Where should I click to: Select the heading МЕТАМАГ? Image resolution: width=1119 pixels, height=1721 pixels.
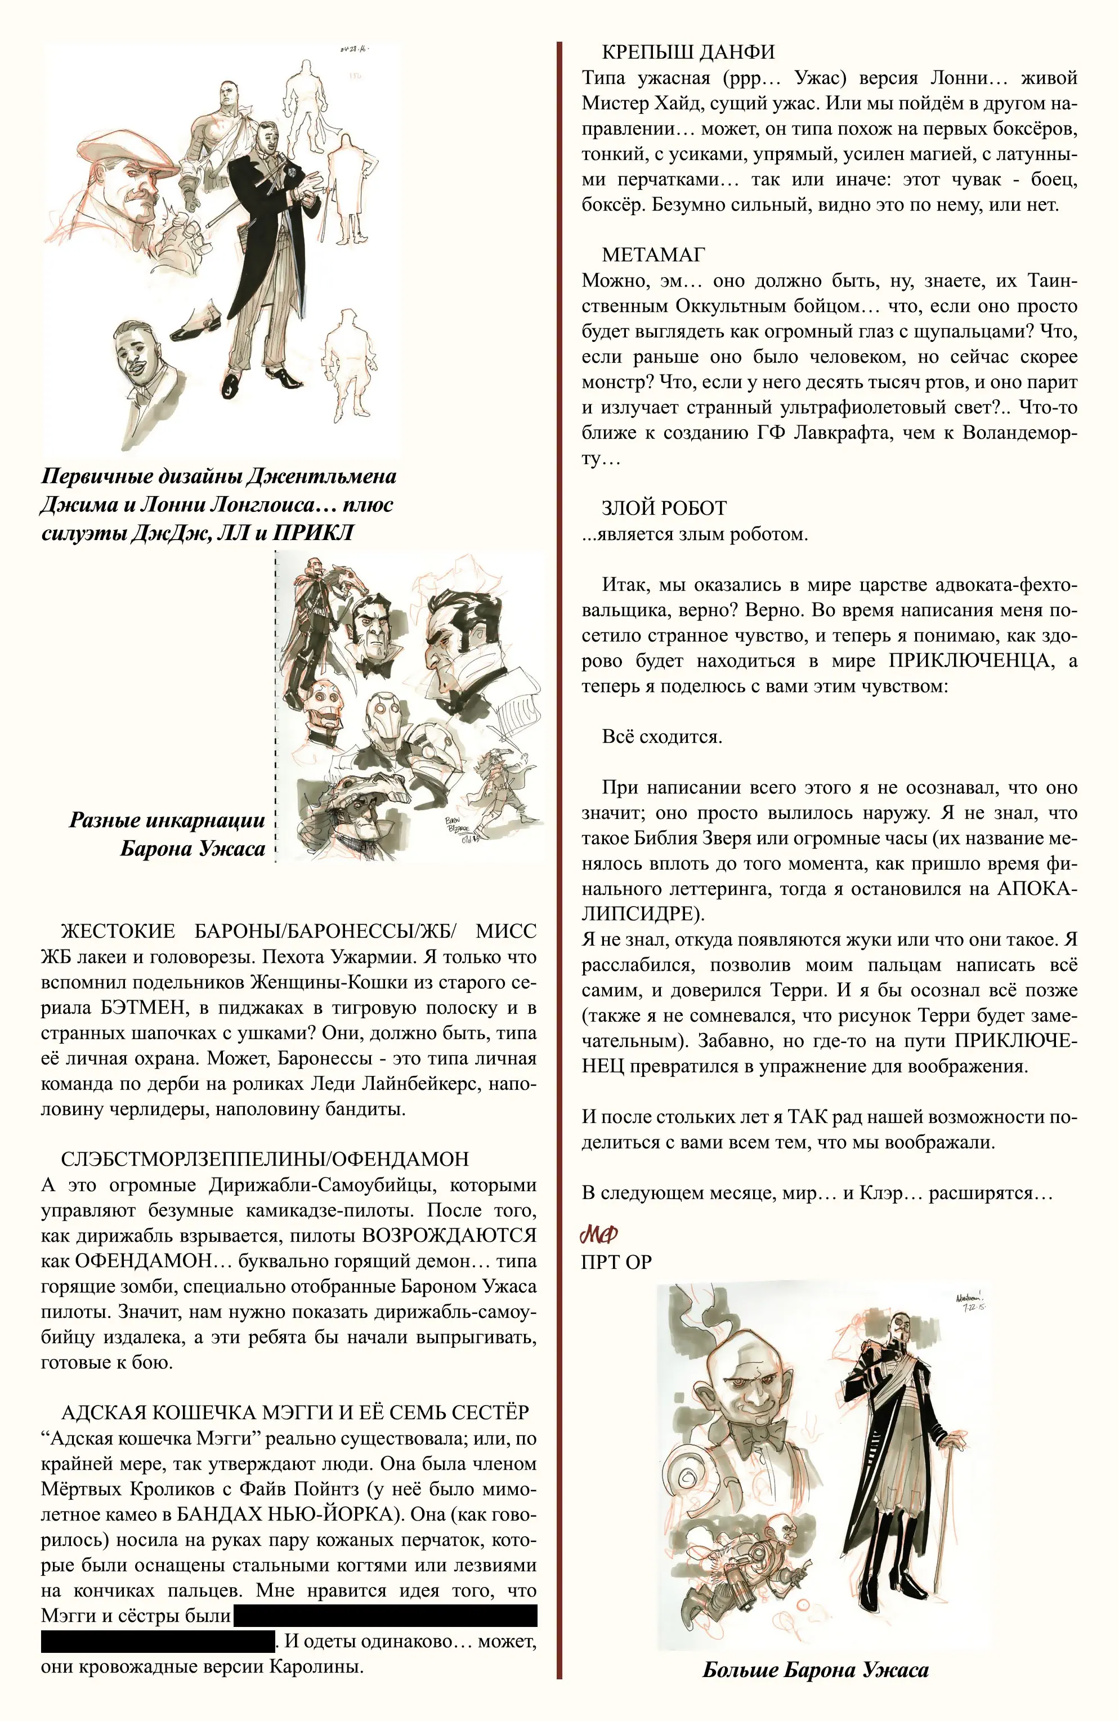coord(653,255)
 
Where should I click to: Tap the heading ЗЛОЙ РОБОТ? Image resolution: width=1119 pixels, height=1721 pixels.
coord(664,509)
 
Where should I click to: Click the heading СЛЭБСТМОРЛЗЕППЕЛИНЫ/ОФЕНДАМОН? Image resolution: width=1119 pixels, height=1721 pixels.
coord(265,1159)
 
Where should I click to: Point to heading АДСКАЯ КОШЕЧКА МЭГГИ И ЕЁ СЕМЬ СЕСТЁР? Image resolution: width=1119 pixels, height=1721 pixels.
coord(295,1412)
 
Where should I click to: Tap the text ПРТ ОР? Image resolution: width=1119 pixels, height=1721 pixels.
coord(616,1263)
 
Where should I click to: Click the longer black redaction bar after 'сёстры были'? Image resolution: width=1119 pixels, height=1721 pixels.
coord(384,1616)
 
